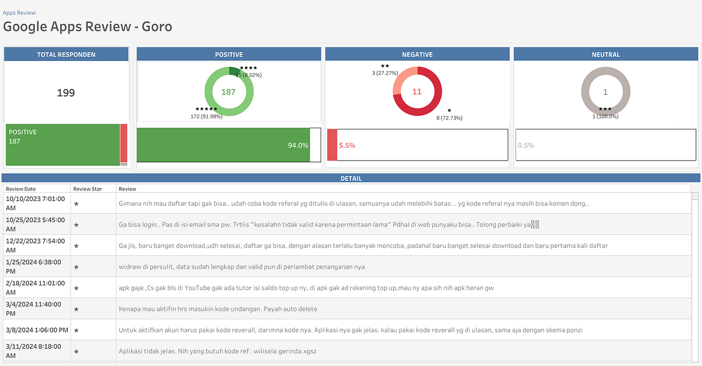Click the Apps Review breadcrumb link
pos(19,12)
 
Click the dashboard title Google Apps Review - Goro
pos(88,26)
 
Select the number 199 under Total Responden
pos(66,93)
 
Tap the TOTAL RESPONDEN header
pos(66,54)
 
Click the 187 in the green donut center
pos(228,92)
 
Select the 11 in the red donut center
pos(417,92)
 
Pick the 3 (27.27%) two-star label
pos(385,73)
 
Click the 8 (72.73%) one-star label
pos(449,118)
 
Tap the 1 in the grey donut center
pos(605,92)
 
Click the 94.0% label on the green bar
pos(298,145)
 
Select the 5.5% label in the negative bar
pos(347,145)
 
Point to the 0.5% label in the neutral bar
pos(525,145)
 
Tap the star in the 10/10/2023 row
pos(76,204)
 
